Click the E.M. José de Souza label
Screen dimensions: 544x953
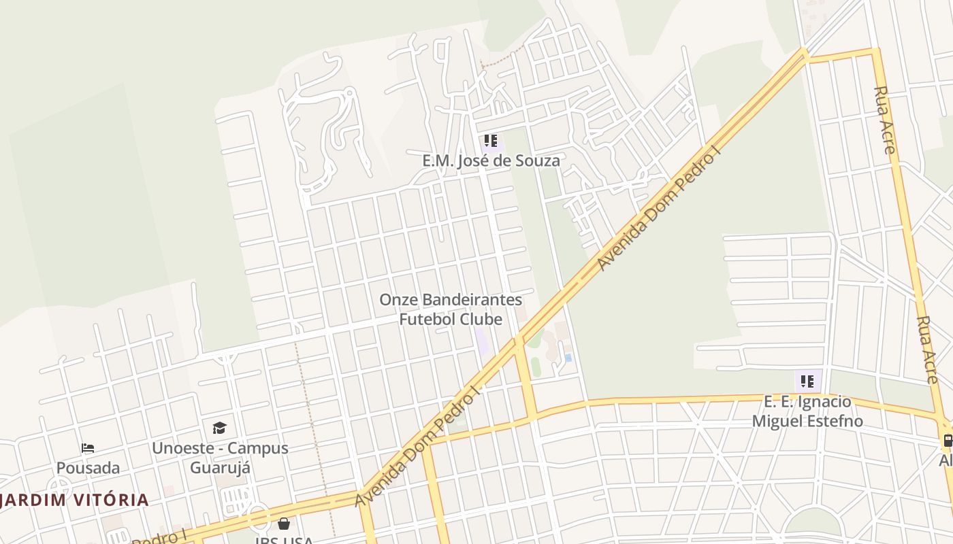click(491, 160)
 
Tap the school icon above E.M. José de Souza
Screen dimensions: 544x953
click(490, 141)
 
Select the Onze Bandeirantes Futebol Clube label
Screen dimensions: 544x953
click(451, 309)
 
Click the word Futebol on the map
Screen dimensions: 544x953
click(432, 319)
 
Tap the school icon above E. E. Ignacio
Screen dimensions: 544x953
click(807, 381)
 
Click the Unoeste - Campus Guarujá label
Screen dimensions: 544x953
click(220, 458)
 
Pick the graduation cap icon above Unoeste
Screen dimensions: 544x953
click(219, 428)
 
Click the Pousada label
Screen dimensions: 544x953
click(88, 468)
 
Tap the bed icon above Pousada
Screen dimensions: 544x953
click(88, 447)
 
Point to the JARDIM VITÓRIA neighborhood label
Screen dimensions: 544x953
click(74, 500)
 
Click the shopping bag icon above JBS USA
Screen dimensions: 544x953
click(284, 524)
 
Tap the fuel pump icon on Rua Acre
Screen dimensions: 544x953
click(947, 441)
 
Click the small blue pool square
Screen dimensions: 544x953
click(568, 357)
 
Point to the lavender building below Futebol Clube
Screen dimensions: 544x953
click(483, 341)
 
